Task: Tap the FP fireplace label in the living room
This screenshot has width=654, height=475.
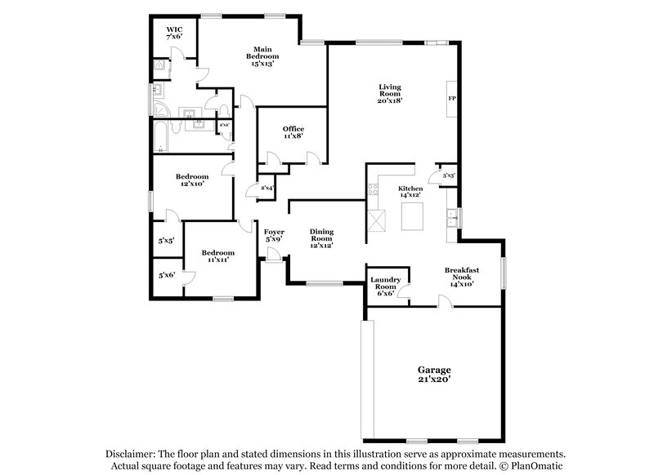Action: tap(450, 99)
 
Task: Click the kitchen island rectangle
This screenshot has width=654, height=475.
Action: tap(414, 216)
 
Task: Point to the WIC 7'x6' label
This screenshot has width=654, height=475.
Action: tap(174, 33)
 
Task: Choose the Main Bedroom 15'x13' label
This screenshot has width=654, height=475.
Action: tap(262, 56)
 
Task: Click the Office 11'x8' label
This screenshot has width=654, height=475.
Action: tap(293, 133)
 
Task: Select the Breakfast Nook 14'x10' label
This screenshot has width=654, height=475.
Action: tap(461, 277)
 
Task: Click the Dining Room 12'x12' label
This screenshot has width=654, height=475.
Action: tap(320, 238)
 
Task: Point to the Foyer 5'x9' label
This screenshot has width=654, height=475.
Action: tap(274, 236)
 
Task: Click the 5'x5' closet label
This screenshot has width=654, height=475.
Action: tap(166, 241)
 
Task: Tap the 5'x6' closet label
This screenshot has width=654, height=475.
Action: tap(166, 275)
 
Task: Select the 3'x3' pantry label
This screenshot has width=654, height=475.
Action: tap(448, 175)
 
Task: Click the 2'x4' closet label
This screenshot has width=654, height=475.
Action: tap(266, 189)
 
